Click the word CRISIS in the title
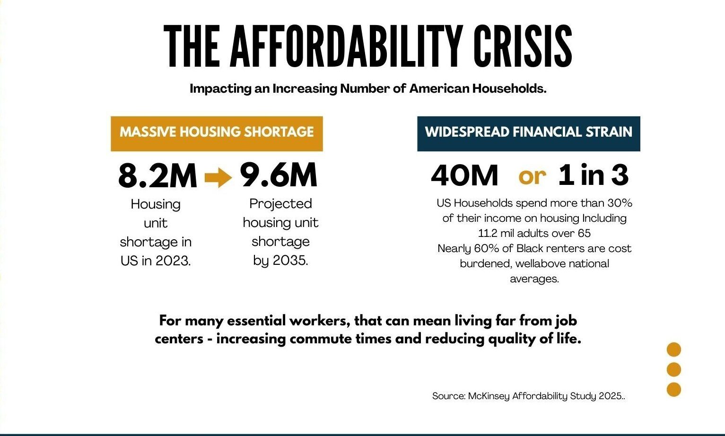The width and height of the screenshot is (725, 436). click(523, 46)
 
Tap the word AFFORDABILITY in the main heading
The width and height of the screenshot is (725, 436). click(346, 46)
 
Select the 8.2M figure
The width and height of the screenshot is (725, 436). click(157, 176)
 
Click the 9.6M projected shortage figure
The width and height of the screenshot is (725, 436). click(279, 175)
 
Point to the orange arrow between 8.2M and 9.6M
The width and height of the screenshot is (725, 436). click(218, 178)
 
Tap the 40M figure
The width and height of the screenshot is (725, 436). click(464, 176)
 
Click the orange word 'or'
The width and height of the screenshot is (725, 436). click(532, 176)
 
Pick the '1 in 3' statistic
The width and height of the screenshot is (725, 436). click(594, 175)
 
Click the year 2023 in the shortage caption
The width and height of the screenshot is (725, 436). click(173, 261)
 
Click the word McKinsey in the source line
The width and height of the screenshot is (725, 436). click(489, 396)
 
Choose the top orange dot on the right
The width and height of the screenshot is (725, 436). click(673, 350)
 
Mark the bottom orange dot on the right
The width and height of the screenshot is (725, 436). click(673, 389)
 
